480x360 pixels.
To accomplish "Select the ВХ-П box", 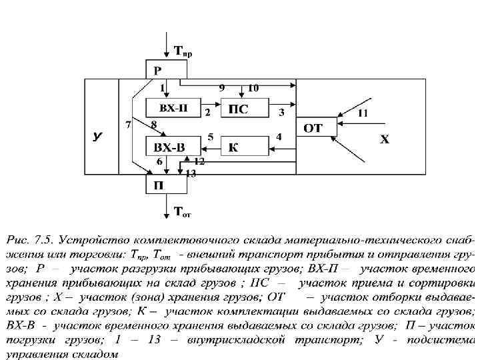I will click(171, 108).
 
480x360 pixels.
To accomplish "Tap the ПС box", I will click(239, 109).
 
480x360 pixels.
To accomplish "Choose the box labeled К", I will click(233, 147).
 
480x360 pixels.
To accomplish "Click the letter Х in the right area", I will click(385, 139).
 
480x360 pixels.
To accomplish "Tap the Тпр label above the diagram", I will click(183, 51).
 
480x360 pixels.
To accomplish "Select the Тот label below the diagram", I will click(182, 213).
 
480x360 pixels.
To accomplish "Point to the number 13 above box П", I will click(191, 173).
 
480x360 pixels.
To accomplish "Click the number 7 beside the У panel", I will click(128, 125).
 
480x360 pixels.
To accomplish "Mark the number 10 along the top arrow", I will click(253, 88).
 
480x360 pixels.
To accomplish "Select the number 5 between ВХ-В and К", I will click(211, 137).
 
